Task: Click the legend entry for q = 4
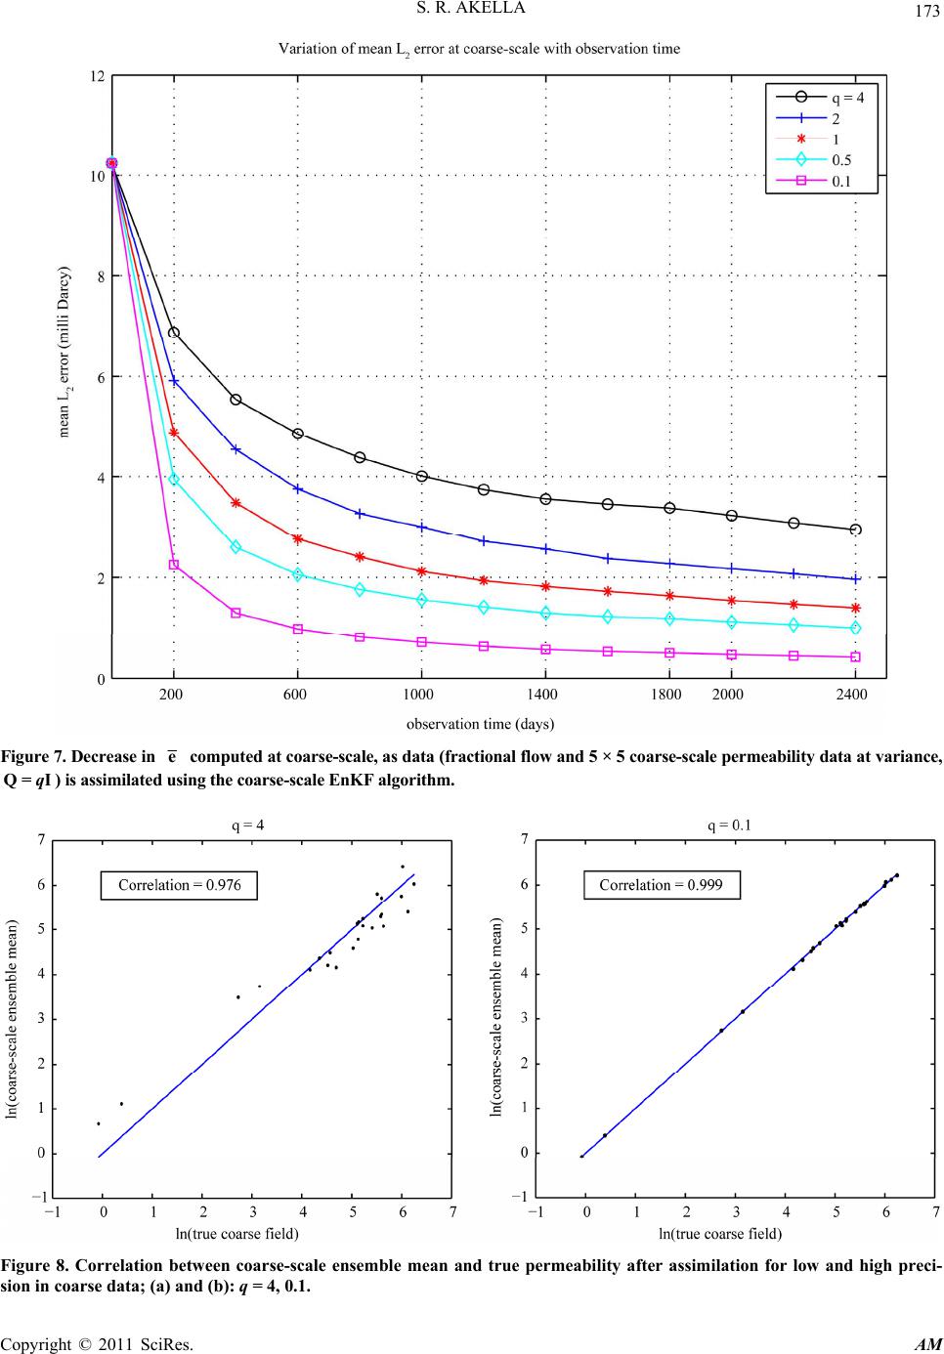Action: [847, 97]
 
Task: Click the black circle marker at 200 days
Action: [174, 332]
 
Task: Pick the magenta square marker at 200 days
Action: [174, 565]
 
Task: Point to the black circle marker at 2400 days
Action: [856, 529]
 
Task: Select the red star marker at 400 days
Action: [236, 503]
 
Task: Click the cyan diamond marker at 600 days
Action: [298, 574]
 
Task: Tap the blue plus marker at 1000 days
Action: [422, 527]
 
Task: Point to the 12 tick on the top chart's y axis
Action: [97, 75]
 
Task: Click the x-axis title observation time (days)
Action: [480, 724]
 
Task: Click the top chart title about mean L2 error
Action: [480, 48]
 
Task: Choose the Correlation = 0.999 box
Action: [660, 886]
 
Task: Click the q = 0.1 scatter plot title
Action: [730, 824]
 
